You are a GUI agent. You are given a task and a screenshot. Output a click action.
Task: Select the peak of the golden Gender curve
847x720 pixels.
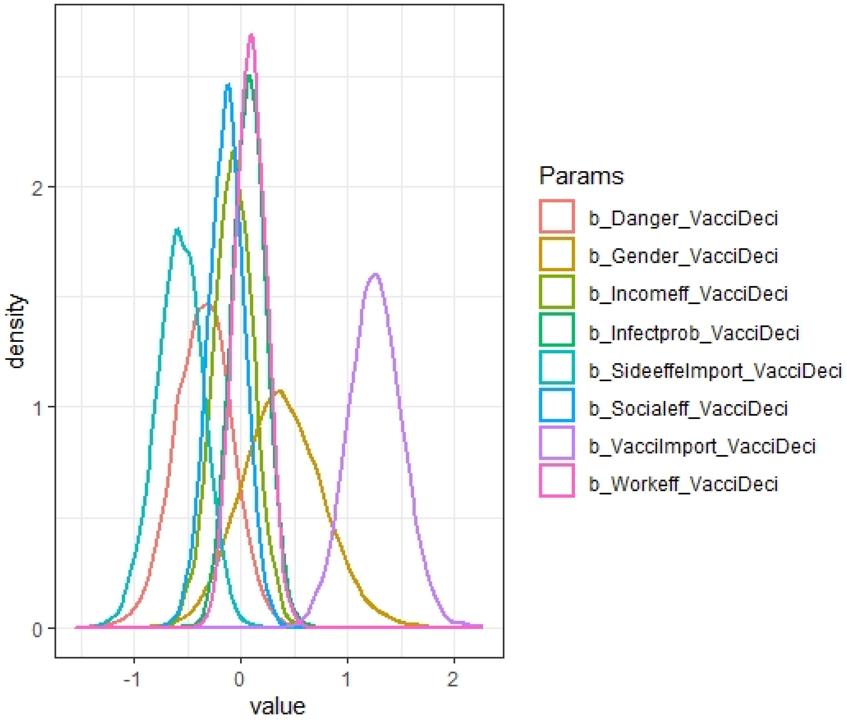click(x=279, y=391)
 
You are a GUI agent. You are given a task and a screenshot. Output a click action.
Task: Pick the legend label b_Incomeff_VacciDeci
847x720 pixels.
click(x=688, y=294)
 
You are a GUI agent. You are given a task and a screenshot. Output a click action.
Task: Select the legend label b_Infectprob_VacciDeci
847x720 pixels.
click(x=694, y=333)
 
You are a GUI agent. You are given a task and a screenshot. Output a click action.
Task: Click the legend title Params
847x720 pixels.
click(x=581, y=176)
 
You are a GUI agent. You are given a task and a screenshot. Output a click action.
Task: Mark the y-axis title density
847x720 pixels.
click(x=17, y=331)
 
